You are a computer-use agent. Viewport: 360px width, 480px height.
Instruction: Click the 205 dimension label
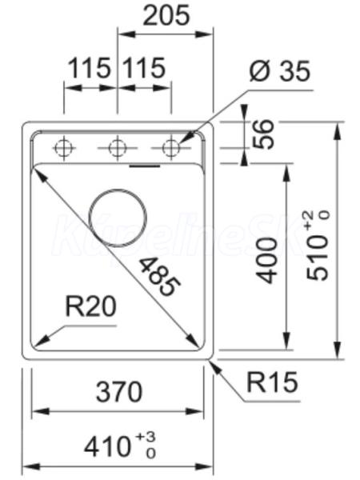166,15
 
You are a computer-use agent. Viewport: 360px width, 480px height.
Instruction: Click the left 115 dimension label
89,68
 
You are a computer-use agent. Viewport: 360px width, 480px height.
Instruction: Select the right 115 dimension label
144,68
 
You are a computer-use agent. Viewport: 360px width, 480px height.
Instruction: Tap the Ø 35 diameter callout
280,70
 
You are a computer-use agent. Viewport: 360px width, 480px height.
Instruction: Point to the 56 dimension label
264,134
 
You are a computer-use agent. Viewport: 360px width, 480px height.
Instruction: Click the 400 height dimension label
266,261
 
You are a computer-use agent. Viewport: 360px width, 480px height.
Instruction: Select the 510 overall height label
318,246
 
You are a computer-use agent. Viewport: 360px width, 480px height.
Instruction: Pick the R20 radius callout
91,306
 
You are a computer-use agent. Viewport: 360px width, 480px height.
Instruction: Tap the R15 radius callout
272,382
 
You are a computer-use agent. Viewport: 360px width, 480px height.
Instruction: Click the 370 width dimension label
119,391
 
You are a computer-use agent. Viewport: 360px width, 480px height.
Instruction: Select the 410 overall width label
120,446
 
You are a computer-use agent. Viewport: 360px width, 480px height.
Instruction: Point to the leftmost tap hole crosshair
64,149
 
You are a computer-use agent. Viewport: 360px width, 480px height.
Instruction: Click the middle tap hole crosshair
118,149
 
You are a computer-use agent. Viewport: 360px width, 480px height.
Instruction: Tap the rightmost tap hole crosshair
171,149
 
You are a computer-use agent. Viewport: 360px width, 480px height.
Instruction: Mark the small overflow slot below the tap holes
145,166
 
